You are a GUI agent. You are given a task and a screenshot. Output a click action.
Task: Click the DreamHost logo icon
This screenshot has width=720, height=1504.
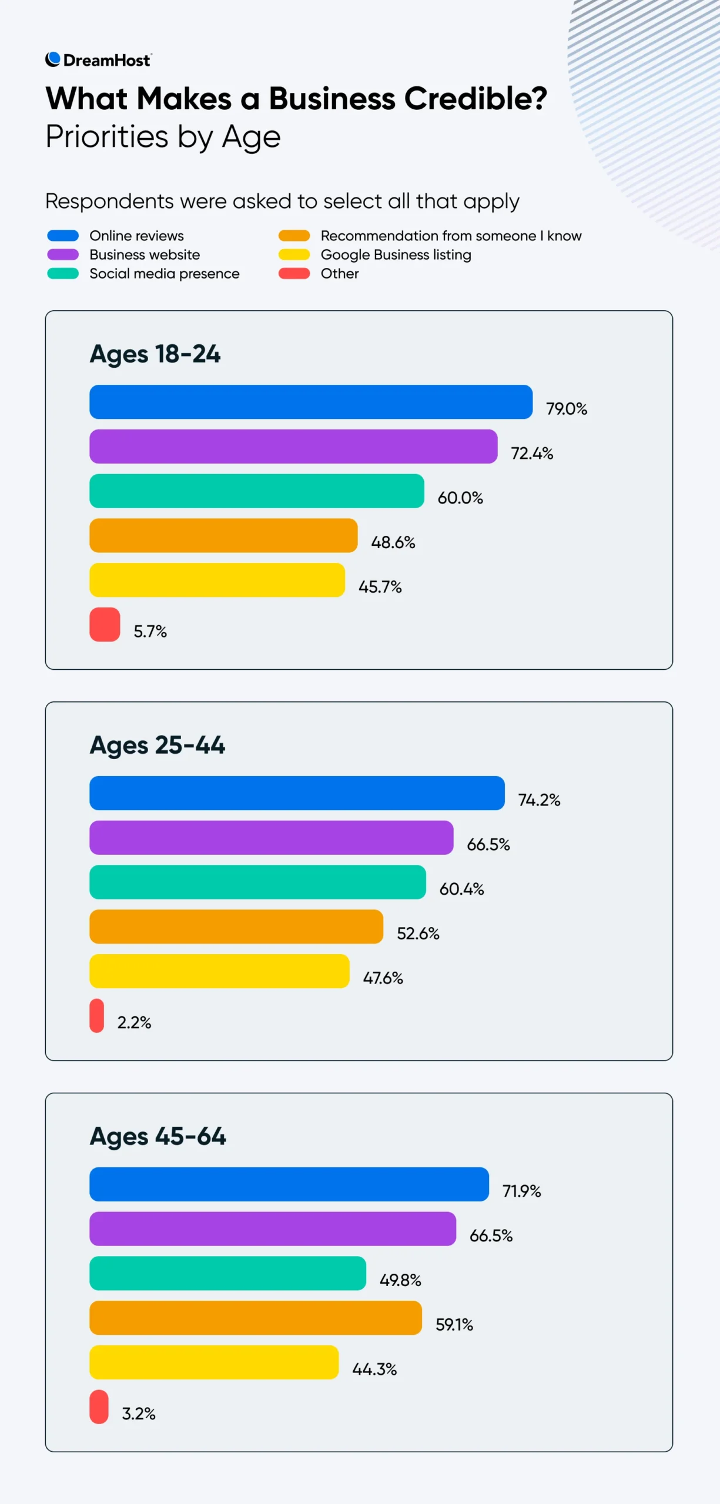coord(53,59)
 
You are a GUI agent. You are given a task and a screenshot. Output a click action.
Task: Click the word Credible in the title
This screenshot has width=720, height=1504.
coord(475,99)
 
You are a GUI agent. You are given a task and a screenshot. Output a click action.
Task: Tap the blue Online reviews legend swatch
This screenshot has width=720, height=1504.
coord(63,236)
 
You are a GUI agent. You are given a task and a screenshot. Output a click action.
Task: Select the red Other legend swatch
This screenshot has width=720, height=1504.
coord(294,273)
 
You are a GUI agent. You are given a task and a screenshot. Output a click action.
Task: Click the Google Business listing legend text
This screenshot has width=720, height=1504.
coord(396,254)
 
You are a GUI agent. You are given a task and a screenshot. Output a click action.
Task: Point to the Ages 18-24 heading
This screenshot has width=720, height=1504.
coord(155,354)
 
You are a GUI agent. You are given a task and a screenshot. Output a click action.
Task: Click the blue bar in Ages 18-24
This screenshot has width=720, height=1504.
coord(310,402)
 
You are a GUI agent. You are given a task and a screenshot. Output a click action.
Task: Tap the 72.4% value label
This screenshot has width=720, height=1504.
coord(532,453)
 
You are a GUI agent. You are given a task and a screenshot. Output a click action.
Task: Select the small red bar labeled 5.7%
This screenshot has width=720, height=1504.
coord(105,625)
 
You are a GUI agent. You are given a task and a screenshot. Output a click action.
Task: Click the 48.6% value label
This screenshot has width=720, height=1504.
coord(393,542)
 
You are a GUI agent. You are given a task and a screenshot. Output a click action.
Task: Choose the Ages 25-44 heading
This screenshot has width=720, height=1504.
coord(157,745)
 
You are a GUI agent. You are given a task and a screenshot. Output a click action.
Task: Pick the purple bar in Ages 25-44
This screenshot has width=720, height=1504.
coord(271,838)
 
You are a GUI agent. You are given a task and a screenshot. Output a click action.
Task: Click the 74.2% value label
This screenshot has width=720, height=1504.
coord(539,800)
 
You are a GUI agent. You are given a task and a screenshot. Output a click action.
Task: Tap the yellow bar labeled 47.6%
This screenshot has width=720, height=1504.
coord(219,971)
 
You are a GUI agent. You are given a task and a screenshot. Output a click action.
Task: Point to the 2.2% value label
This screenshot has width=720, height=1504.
coord(134,1022)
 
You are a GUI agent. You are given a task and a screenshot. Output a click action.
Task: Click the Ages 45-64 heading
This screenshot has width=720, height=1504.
coord(158,1136)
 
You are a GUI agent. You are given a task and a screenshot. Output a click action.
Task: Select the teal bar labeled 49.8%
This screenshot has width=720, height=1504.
coord(227,1273)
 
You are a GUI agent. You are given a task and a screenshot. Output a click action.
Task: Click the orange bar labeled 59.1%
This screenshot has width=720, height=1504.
coord(255,1318)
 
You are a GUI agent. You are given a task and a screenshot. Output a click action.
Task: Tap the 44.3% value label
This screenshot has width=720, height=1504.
coord(374,1369)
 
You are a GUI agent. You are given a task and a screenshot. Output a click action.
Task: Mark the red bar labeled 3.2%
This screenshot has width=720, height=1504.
coord(99,1406)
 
